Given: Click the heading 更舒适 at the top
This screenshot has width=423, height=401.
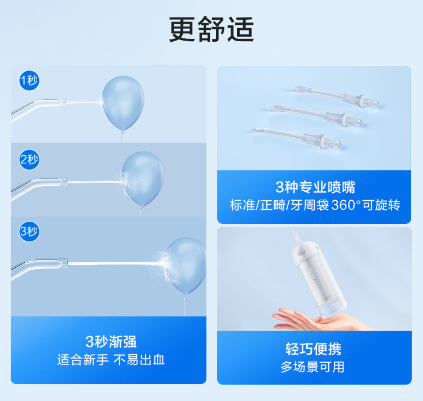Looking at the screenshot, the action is (x=211, y=29).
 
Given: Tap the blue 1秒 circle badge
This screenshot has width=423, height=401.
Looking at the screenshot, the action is (x=29, y=81).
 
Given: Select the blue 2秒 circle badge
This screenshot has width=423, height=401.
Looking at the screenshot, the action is (x=29, y=160).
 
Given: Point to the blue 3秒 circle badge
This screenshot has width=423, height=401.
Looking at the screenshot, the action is (x=29, y=232).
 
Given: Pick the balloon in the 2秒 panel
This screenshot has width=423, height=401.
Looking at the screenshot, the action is (x=143, y=179).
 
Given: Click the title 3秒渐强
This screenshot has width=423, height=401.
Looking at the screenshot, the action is (x=111, y=342).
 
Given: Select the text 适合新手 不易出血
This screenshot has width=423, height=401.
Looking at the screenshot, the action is (x=111, y=360).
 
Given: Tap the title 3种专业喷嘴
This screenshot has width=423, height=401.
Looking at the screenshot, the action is (x=315, y=187).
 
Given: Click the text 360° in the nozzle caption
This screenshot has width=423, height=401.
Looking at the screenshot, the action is (x=346, y=205).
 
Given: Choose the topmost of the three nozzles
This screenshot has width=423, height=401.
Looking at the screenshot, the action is (x=334, y=96).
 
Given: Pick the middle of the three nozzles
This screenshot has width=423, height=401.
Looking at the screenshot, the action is (x=315, y=116).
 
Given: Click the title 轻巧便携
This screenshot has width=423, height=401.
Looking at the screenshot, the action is (x=314, y=349).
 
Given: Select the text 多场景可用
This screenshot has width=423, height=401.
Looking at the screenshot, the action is (x=312, y=367).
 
